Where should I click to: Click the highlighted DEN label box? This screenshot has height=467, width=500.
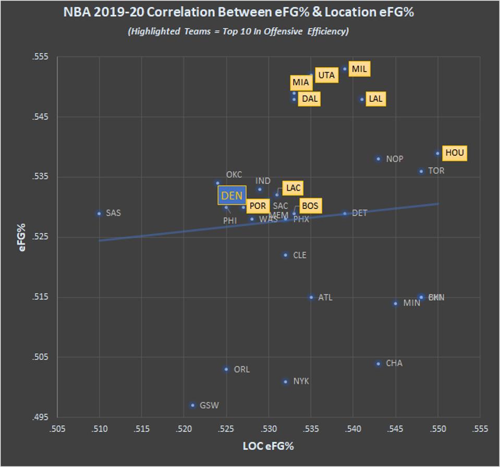click(232, 195)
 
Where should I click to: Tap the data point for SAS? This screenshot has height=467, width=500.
click(99, 213)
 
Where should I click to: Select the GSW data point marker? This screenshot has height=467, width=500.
click(192, 405)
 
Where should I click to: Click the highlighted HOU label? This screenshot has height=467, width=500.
click(454, 153)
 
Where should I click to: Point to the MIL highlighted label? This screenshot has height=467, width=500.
click(359, 69)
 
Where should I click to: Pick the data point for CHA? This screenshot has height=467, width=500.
click(379, 364)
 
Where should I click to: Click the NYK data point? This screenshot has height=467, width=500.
click(285, 382)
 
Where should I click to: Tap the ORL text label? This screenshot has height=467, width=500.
click(241, 369)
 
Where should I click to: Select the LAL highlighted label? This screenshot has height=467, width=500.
click(375, 99)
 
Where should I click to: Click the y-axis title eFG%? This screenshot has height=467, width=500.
click(22, 238)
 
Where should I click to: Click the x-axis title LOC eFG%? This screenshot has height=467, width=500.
click(268, 446)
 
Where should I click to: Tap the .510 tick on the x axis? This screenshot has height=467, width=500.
click(99, 429)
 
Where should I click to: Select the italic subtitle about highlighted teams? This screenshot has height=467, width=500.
click(238, 31)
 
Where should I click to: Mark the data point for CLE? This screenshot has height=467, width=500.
click(285, 255)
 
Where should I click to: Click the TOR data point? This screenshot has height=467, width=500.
click(421, 171)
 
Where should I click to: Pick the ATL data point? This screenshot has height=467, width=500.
click(311, 297)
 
